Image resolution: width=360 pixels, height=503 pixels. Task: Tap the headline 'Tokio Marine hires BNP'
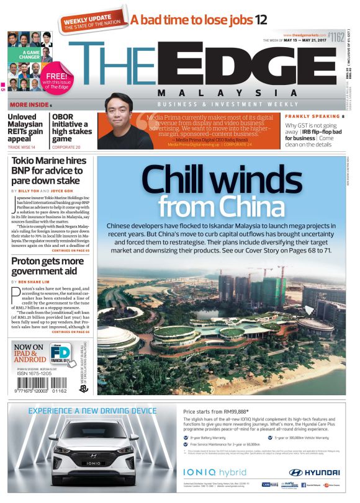49,172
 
